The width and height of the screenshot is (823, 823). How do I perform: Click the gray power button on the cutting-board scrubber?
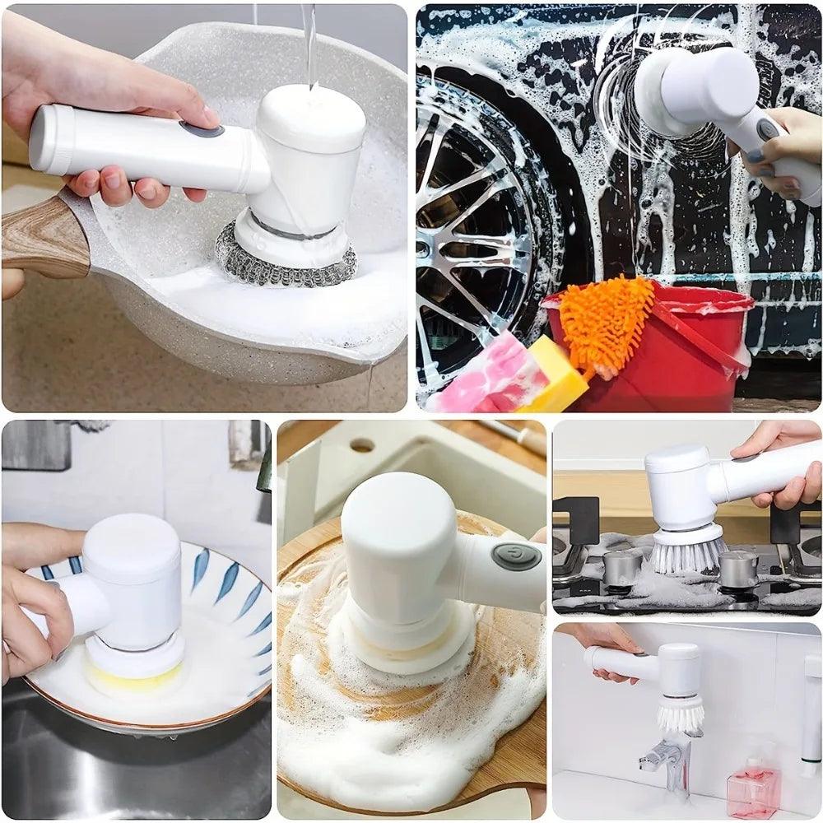pos(516,556)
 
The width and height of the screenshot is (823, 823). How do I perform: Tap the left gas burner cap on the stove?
pos(622,567)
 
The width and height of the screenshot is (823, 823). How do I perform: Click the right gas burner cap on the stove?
pos(737,568)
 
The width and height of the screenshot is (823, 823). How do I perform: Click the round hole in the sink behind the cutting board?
pos(361,445)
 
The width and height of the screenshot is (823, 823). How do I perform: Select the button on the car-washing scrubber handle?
pos(768,129)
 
